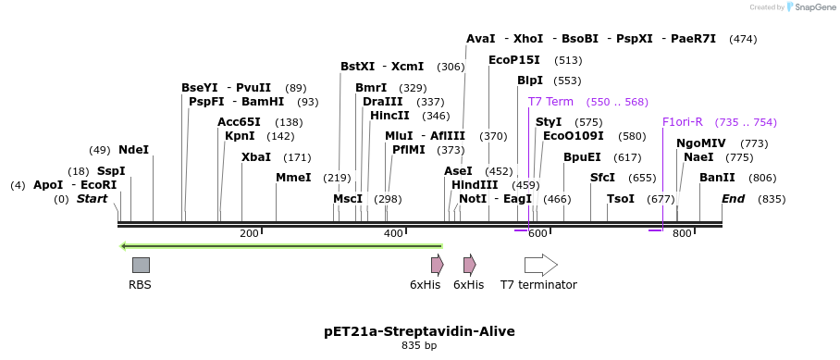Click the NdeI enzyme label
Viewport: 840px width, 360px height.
tap(133, 150)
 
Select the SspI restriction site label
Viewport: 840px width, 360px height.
tap(111, 171)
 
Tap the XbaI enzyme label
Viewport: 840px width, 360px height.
tap(256, 157)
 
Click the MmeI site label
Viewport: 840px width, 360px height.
tap(293, 178)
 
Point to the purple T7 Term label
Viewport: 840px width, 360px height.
tap(550, 102)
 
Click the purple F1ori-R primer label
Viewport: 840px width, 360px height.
tap(683, 122)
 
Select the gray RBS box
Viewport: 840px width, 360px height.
tap(141, 265)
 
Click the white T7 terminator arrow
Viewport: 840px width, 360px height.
tap(540, 265)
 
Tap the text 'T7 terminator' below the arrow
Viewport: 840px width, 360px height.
tap(538, 285)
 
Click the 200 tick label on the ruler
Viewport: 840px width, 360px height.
tap(249, 234)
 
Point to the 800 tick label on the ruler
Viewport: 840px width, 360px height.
tap(682, 234)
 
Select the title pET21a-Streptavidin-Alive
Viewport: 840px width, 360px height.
tap(419, 331)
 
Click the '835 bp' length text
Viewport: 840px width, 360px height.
tap(419, 346)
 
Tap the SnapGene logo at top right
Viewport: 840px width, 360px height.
tap(811, 7)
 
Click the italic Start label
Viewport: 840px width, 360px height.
tap(92, 199)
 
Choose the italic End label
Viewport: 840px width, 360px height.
tap(733, 199)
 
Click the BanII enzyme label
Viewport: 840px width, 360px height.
tap(717, 178)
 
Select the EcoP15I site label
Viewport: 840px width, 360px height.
tap(514, 60)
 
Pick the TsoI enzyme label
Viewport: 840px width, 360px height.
tap(621, 199)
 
